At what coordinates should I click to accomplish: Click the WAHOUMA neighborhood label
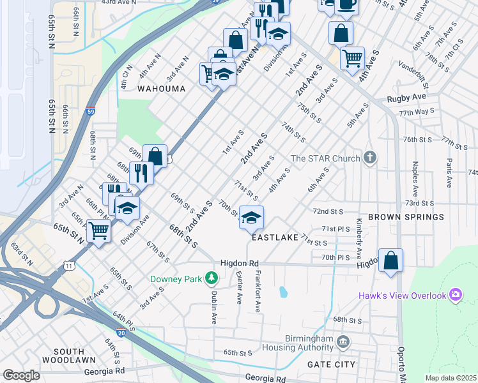(160, 89)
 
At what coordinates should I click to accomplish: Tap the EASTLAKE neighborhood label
(275, 237)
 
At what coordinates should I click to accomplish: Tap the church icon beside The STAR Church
(369, 158)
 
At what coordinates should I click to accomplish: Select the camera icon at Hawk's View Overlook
(455, 295)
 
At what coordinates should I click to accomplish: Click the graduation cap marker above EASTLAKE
(251, 218)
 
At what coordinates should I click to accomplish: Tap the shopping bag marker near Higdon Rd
(390, 260)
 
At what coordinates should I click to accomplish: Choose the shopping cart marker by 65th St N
(98, 231)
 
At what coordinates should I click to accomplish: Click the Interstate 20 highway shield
(121, 332)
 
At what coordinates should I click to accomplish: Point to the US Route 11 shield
(68, 264)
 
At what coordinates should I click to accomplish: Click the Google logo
(21, 375)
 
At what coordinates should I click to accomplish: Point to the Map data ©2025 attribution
(450, 378)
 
